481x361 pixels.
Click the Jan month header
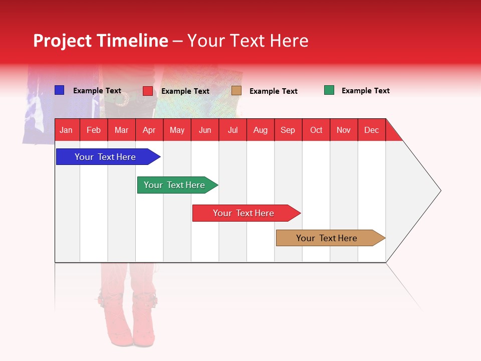click(x=66, y=130)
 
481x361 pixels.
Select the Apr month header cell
click(x=149, y=130)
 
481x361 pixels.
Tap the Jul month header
click(x=232, y=130)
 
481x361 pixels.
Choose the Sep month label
click(x=288, y=130)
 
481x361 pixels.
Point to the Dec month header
click(x=371, y=130)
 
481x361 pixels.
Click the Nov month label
click(x=343, y=130)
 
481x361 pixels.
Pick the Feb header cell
click(x=94, y=130)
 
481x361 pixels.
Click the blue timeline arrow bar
click(x=105, y=157)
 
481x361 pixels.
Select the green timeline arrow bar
click(x=174, y=185)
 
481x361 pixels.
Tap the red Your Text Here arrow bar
click(x=244, y=213)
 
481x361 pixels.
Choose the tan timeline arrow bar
click(x=327, y=238)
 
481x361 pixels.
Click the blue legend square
click(x=59, y=90)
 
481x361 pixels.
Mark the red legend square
click(x=148, y=91)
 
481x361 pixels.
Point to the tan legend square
click(x=236, y=90)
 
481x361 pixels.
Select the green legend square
click(x=329, y=90)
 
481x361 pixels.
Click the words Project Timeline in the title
click(x=100, y=41)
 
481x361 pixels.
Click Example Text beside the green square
click(x=365, y=91)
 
